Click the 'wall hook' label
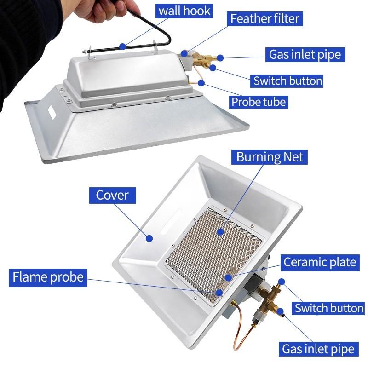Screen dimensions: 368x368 184,10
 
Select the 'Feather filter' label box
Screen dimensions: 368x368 265,19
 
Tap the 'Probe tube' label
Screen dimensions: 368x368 259,101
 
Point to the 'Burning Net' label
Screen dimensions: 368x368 270,157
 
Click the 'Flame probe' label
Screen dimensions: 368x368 48,277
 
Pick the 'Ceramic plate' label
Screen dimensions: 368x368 320,262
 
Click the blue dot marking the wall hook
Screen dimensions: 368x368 122,46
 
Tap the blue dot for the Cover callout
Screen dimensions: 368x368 149,238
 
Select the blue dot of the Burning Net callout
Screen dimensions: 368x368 221,232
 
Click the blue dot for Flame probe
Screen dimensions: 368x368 219,293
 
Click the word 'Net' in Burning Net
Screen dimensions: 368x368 292,157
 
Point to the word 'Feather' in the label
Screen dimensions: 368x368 250,19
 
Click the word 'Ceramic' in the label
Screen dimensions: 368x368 305,262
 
